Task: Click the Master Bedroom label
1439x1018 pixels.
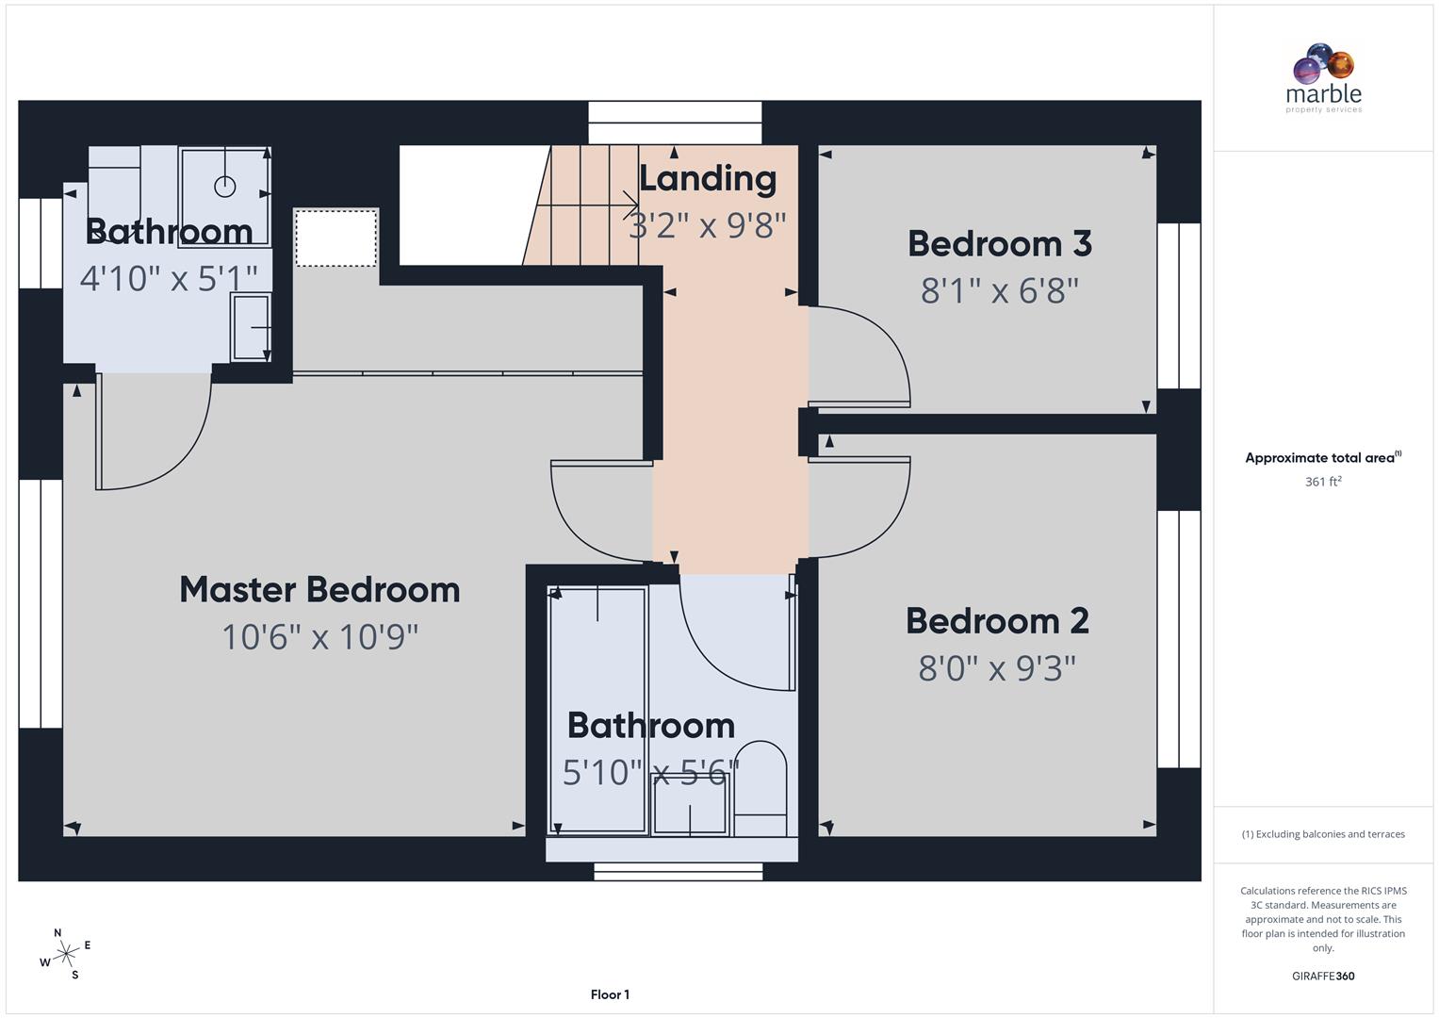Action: (x=319, y=590)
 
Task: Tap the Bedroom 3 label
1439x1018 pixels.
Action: (x=999, y=244)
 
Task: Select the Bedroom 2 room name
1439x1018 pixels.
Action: (x=997, y=621)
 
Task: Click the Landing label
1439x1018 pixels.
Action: (x=708, y=178)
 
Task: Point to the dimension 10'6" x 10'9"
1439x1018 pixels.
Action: (x=319, y=637)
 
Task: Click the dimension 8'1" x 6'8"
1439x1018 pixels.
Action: (x=999, y=290)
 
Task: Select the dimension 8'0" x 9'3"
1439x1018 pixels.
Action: (x=997, y=668)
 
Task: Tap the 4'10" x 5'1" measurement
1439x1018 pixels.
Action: (x=169, y=278)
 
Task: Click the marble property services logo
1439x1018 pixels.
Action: (x=1323, y=78)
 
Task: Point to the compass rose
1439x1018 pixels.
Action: (x=66, y=954)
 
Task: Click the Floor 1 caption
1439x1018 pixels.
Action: (x=610, y=994)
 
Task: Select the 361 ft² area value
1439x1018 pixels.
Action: (x=1323, y=482)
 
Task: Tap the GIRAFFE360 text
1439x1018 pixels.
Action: (x=1323, y=977)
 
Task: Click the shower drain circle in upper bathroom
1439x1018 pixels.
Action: (x=224, y=187)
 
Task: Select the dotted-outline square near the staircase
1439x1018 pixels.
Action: (x=335, y=238)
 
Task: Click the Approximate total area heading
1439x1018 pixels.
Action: (x=1323, y=458)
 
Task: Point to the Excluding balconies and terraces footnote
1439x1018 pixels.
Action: (x=1323, y=834)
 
